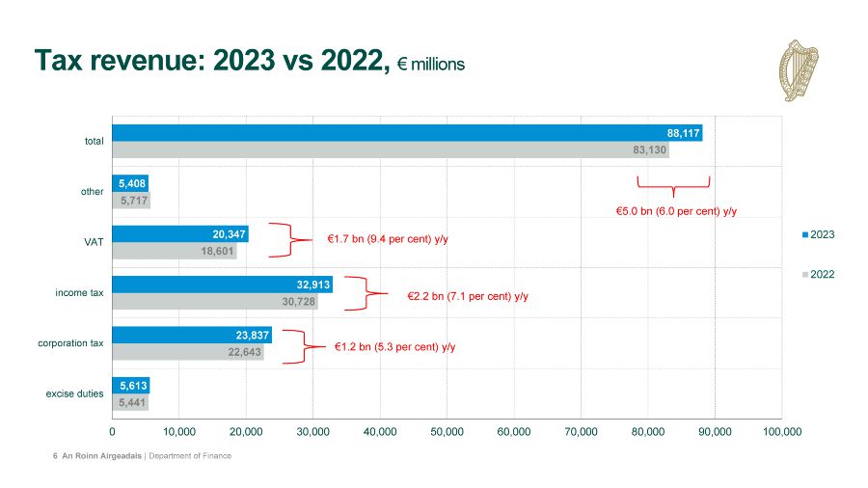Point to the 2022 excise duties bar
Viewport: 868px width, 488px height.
(129, 402)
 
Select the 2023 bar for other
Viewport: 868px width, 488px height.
(129, 182)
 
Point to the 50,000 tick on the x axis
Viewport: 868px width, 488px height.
(448, 432)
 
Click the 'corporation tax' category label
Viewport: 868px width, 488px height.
(70, 343)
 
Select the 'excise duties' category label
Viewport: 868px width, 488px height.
(74, 393)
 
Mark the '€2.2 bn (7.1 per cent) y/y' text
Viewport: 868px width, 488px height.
(468, 296)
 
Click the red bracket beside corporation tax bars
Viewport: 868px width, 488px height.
(306, 346)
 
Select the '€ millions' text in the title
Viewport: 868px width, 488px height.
(430, 65)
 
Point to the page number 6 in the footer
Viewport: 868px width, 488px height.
(55, 455)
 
